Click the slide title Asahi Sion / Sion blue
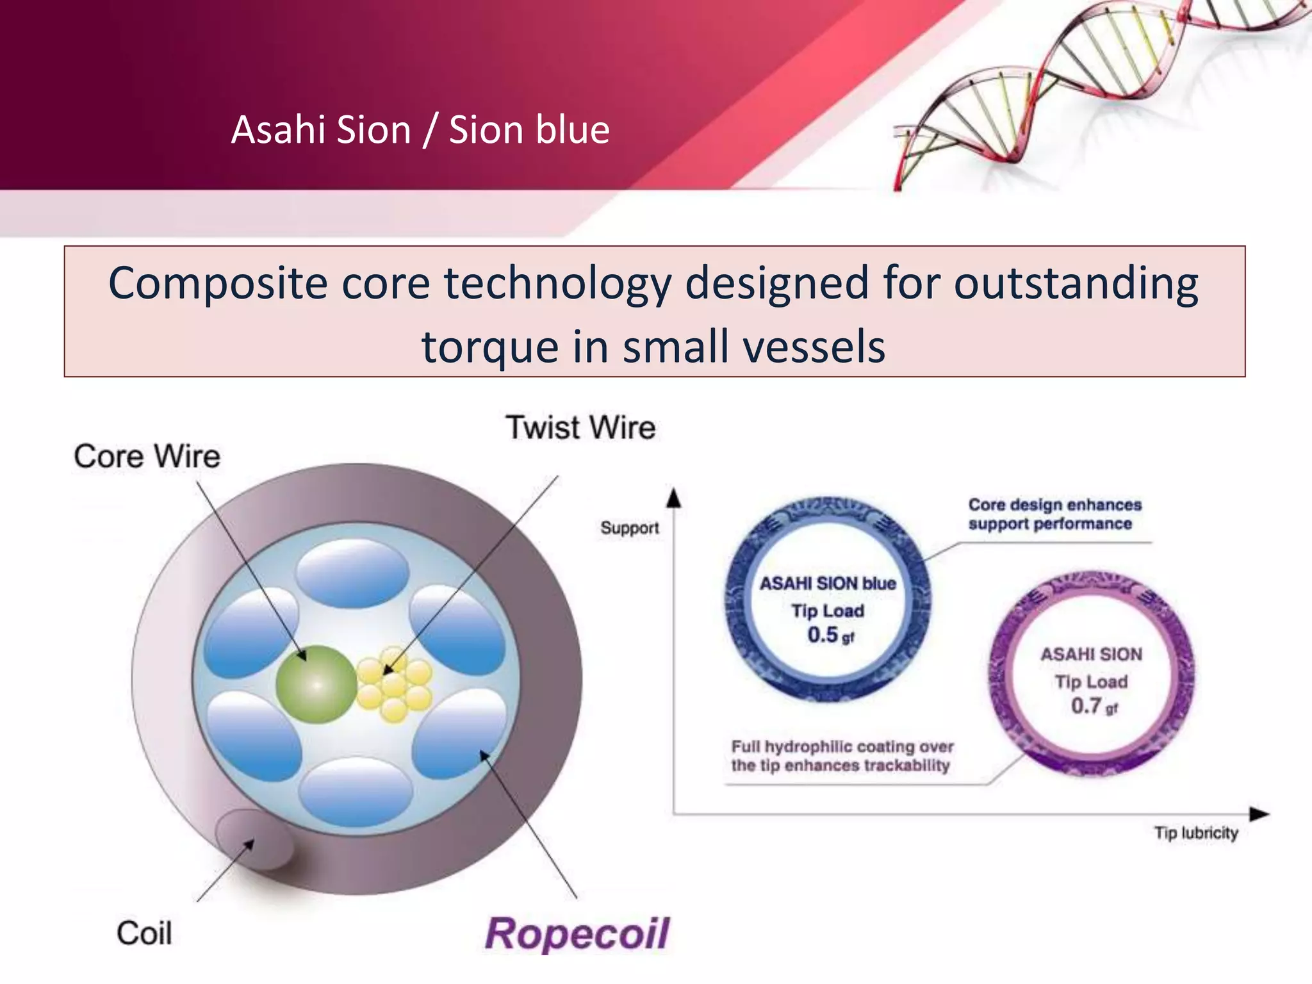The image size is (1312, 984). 420,130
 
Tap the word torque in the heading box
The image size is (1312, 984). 489,347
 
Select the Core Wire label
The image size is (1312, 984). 147,456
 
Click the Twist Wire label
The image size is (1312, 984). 580,427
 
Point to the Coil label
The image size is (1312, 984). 144,933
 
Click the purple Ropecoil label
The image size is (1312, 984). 577,933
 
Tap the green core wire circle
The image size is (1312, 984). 316,685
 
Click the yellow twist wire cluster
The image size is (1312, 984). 394,684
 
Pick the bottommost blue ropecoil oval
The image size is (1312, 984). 356,792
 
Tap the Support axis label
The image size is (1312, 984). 629,528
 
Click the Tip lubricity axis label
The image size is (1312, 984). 1195,833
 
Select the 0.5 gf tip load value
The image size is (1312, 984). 830,635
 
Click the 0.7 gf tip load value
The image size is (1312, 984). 1094,706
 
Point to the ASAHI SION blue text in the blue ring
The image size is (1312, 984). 828,584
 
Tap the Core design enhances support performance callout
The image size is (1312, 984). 1054,514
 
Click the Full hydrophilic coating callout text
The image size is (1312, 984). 842,756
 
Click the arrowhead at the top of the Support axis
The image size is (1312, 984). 673,498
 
